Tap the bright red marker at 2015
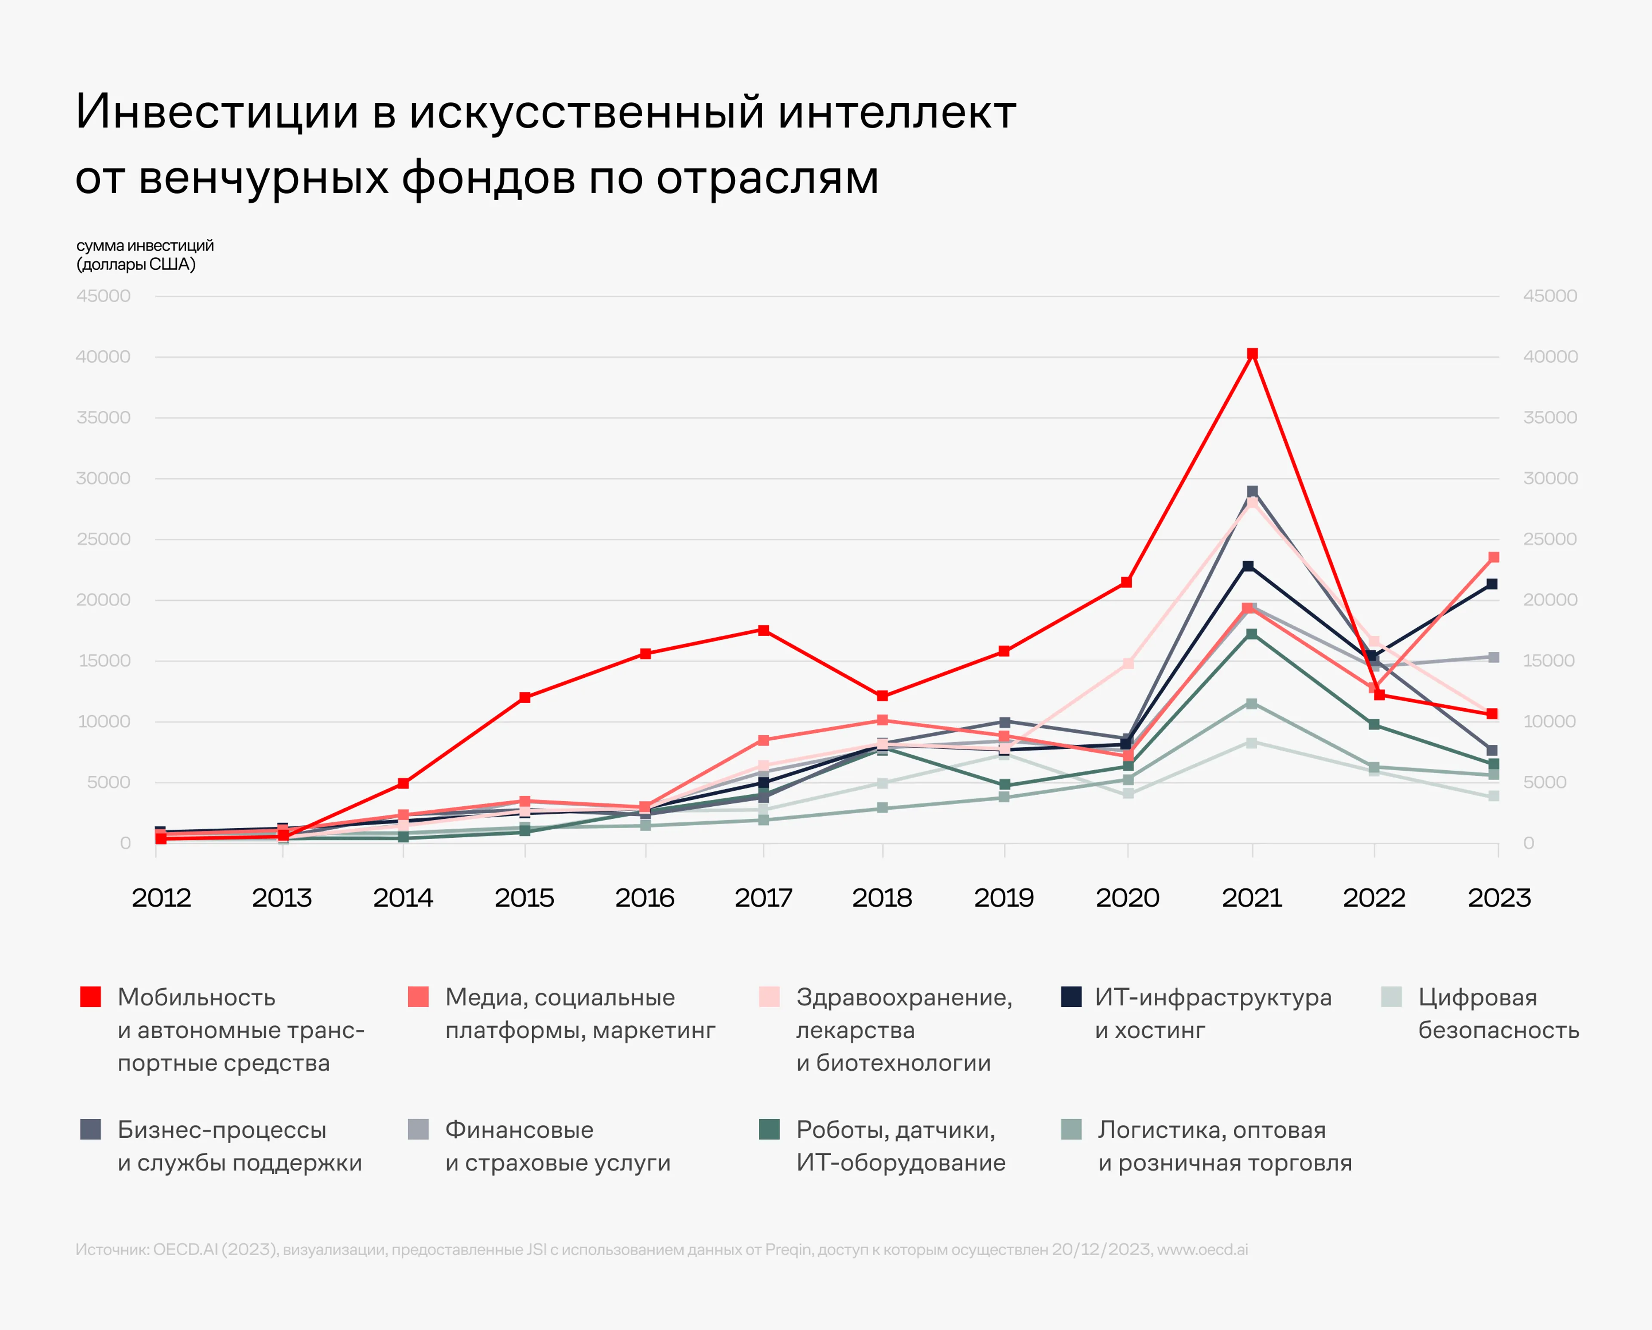[x=525, y=697]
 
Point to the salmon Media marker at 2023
[x=1493, y=557]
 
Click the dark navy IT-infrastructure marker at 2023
[x=1491, y=584]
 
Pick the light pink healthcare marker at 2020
[x=1128, y=663]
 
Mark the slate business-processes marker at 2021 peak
[x=1252, y=491]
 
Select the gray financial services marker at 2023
[x=1493, y=657]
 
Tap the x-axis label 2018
[x=882, y=898]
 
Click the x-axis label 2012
[x=161, y=898]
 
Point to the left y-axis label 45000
[x=103, y=296]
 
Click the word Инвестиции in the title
[x=217, y=112]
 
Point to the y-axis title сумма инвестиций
[x=145, y=246]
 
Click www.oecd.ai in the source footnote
[x=1202, y=1250]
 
